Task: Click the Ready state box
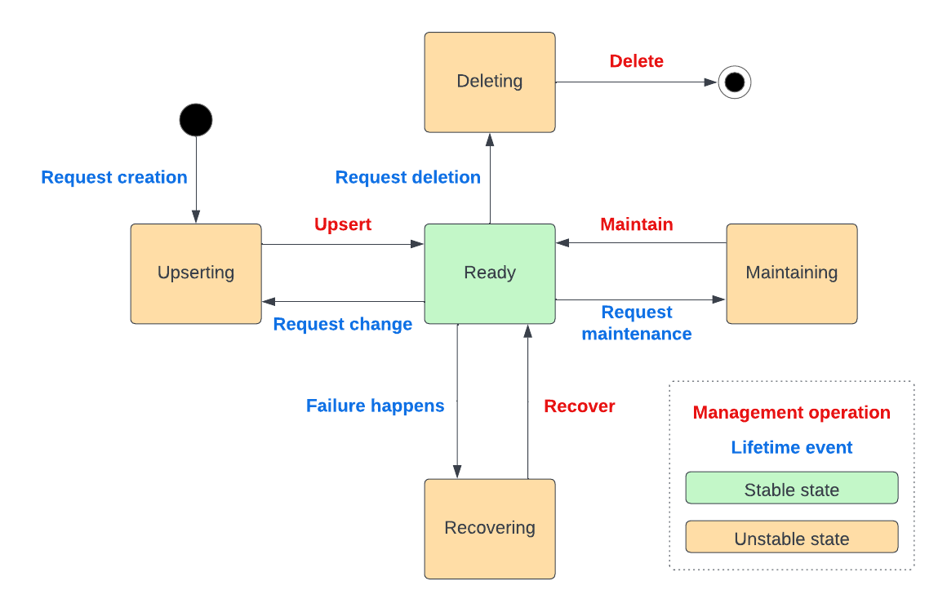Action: [490, 273]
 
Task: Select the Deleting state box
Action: [490, 82]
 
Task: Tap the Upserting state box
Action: [196, 273]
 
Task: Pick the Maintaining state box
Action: [792, 273]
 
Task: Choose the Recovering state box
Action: [490, 528]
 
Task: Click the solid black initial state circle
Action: [196, 120]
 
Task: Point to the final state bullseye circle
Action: [734, 82]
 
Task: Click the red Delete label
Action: [636, 61]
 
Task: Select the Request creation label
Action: [114, 177]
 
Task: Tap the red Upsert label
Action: [343, 224]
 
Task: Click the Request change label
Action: [343, 324]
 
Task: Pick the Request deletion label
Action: [408, 177]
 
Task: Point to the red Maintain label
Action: [637, 224]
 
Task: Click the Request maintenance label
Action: [637, 323]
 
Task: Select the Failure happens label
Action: [376, 406]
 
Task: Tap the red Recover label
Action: [580, 406]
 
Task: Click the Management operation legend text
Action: [792, 413]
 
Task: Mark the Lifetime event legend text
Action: [792, 447]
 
